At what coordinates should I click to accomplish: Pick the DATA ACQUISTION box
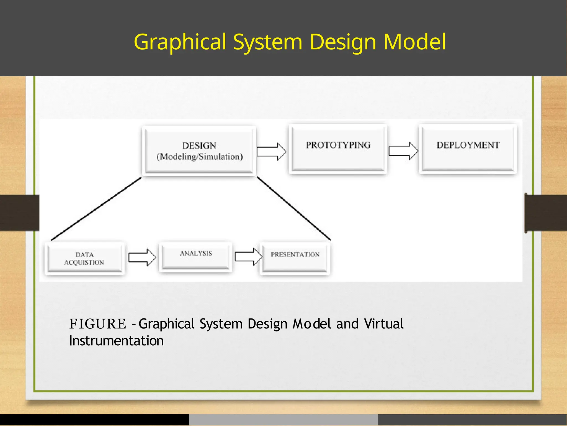click(84, 258)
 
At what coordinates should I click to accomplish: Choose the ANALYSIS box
click(196, 256)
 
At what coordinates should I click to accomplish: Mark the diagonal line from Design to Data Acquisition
click(96, 209)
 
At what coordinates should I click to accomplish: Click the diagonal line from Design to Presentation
click(294, 208)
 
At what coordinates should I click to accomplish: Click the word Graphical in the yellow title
click(180, 42)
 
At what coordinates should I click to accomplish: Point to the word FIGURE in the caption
click(97, 324)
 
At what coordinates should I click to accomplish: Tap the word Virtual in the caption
click(384, 324)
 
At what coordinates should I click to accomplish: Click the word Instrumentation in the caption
click(116, 341)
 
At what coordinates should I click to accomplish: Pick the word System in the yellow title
click(267, 42)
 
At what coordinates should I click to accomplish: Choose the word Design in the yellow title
click(343, 42)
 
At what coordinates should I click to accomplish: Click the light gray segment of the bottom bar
click(283, 420)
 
